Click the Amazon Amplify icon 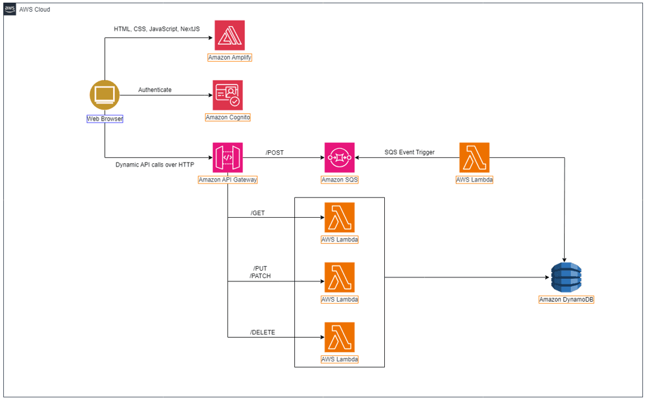[229, 35]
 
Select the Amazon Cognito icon [228, 96]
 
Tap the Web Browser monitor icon [104, 96]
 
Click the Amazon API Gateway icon [227, 157]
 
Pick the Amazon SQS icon [339, 157]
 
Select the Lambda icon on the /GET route [339, 217]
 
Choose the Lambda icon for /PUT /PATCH [339, 277]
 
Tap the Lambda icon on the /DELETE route [339, 337]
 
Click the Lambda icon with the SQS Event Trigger [474, 157]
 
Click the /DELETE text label [263, 332]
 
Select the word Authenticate [155, 90]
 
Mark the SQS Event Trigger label [410, 152]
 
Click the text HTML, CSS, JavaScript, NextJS [156, 29]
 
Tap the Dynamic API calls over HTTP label [154, 164]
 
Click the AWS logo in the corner [10, 9]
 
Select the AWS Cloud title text [35, 10]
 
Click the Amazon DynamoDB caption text [566, 300]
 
